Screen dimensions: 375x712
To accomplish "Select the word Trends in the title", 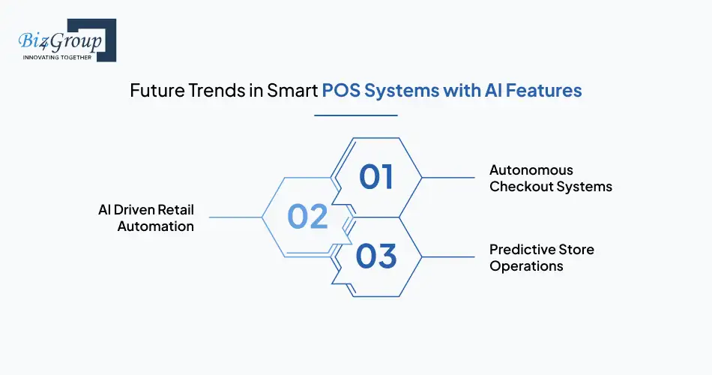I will (x=214, y=91).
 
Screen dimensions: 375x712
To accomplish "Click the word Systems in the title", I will (x=397, y=91).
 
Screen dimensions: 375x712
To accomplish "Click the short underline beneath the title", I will (x=355, y=115).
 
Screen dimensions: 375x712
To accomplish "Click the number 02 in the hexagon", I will (x=307, y=217).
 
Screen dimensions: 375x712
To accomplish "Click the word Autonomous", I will (x=531, y=170).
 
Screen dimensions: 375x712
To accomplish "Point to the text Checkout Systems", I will (x=551, y=187).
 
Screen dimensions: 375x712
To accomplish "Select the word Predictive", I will (x=525, y=250).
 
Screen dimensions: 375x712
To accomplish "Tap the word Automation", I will (x=155, y=226).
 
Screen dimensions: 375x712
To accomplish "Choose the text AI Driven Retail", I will (x=145, y=210).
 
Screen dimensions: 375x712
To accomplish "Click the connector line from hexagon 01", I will (x=448, y=178).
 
